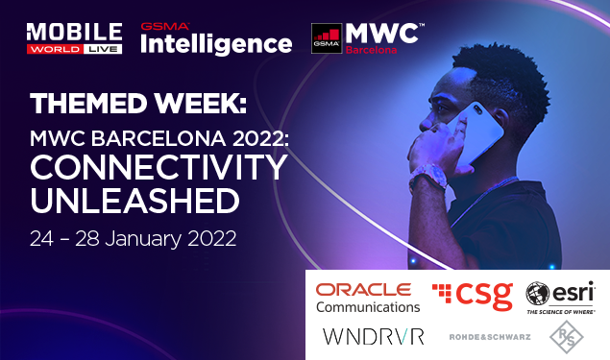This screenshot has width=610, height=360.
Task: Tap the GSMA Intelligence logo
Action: pyautogui.click(x=215, y=39)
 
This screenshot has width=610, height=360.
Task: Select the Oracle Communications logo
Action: pyautogui.click(x=368, y=298)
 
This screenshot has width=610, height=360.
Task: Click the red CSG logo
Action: pyautogui.click(x=472, y=296)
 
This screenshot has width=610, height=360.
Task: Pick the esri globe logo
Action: pyautogui.click(x=540, y=292)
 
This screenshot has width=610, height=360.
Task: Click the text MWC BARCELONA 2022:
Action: pyautogui.click(x=158, y=136)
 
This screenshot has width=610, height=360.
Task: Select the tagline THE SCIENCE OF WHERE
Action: pyautogui.click(x=561, y=312)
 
